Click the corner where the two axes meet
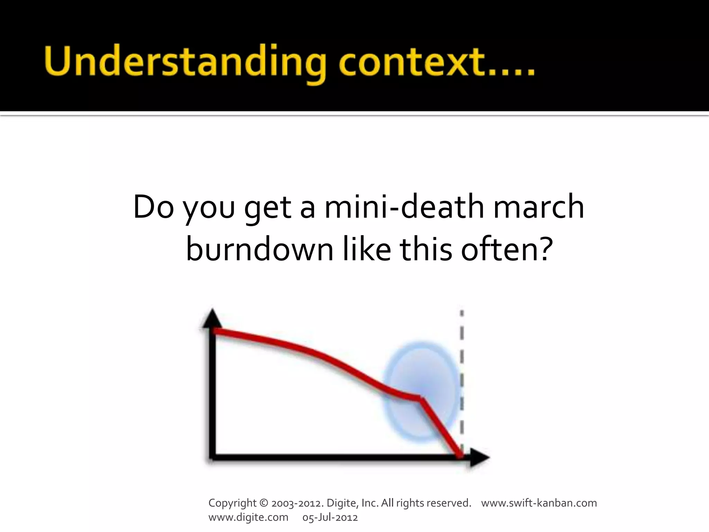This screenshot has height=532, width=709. coord(212,458)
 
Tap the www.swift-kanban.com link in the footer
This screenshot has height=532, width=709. coord(539,503)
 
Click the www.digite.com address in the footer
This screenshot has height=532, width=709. coord(248,517)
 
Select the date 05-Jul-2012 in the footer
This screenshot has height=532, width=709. coord(330,517)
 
